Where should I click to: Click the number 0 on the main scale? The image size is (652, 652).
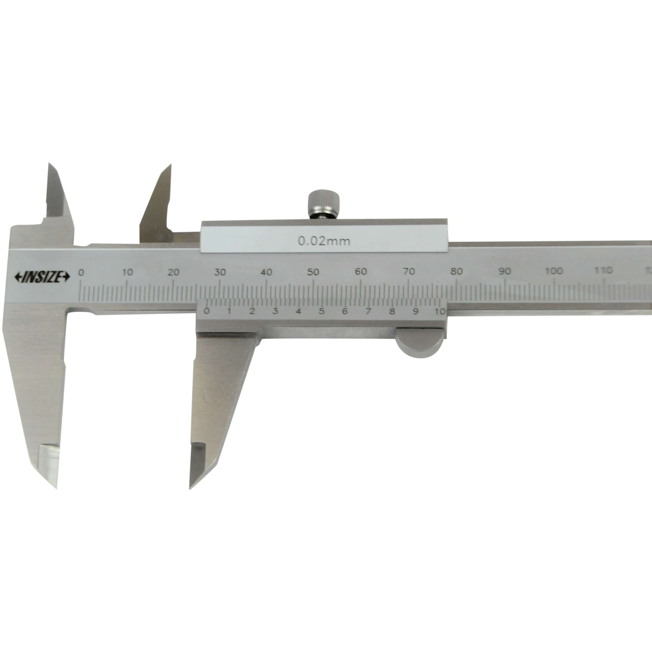[81, 272]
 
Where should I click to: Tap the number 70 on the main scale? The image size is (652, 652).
[409, 271]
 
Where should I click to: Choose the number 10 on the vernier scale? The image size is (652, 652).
[440, 311]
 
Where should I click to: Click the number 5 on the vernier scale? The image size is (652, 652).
[322, 311]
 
